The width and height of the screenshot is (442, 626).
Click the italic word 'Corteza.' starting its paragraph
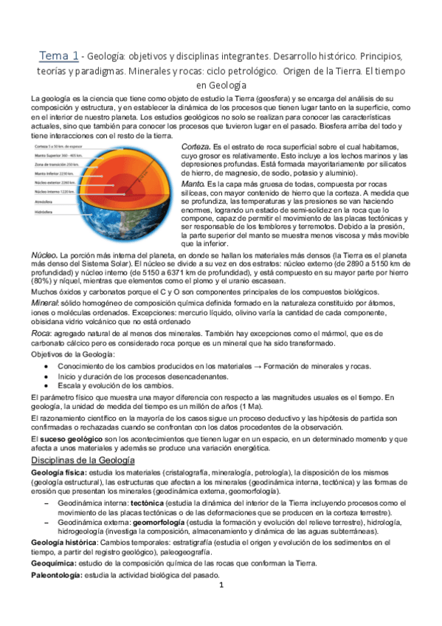pyautogui.click(x=195, y=148)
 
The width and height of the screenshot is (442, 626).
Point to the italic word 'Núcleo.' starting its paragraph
pyautogui.click(x=39, y=255)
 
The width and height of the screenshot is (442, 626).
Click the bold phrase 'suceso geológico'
pyautogui.click(x=68, y=438)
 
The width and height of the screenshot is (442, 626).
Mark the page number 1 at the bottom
pyautogui.click(x=221, y=585)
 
